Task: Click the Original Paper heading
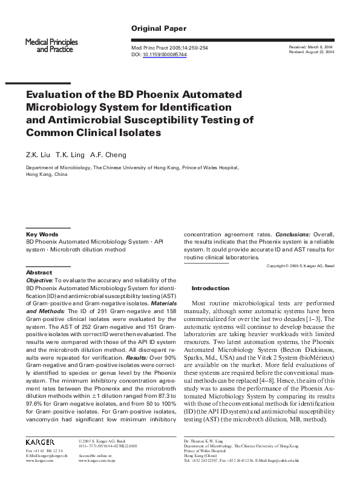[159, 28]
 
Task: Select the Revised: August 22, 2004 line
[312, 53]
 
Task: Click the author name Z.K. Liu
[38, 154]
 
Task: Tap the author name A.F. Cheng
[110, 154]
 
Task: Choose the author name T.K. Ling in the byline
[71, 154]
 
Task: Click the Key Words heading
[42, 234]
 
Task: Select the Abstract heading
[39, 273]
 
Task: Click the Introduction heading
[210, 288]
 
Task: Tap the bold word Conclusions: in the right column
[293, 234]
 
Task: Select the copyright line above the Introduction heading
[300, 266]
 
